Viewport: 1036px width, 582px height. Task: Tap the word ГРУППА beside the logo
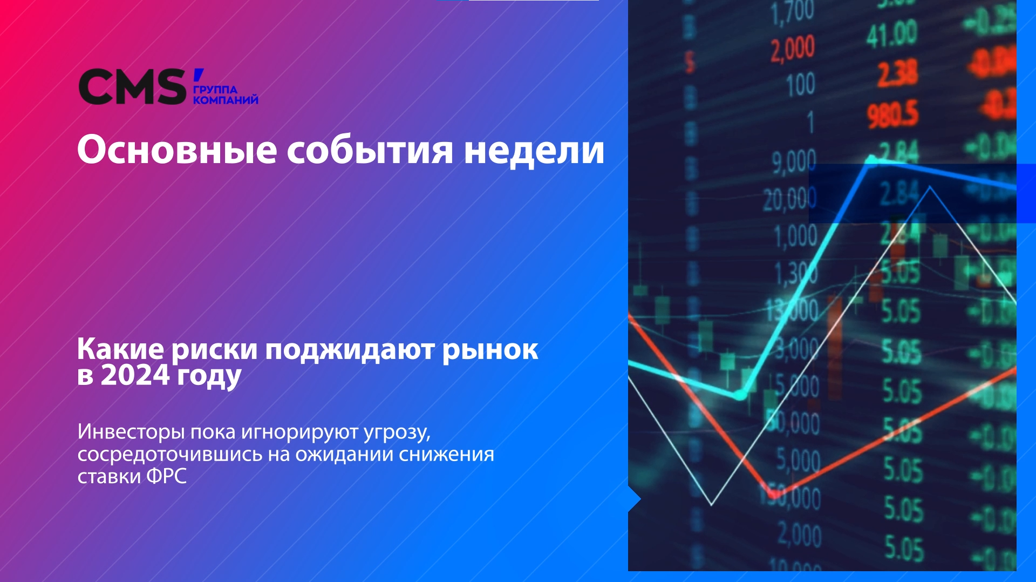point(215,90)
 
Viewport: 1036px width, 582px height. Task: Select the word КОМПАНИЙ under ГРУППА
point(226,100)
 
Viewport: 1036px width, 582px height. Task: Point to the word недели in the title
point(534,150)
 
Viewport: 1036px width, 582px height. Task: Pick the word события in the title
point(370,150)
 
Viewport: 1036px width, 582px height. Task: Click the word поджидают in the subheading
point(350,350)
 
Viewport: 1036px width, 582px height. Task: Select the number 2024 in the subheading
point(135,375)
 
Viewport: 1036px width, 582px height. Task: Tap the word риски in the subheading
point(214,350)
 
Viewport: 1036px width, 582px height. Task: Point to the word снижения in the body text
point(446,454)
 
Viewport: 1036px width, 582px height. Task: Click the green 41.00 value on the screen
point(891,33)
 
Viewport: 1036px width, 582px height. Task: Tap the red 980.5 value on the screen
point(892,114)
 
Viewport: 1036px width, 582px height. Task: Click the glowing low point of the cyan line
point(740,396)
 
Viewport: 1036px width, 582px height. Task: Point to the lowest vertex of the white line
point(712,505)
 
